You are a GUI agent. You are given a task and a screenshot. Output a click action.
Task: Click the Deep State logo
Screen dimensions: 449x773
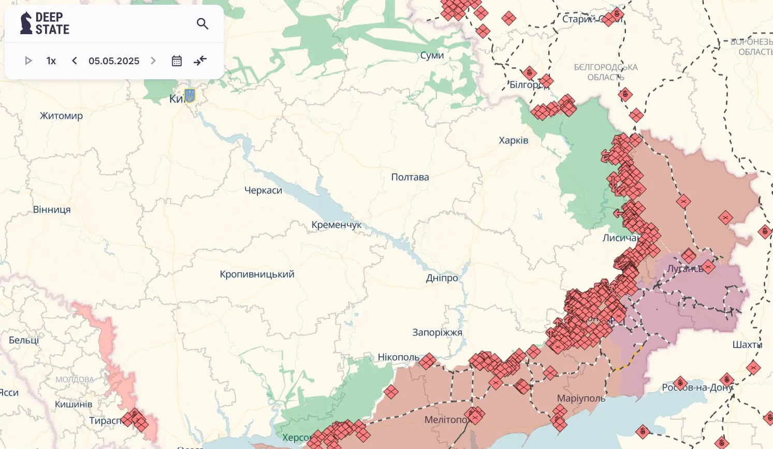click(45, 23)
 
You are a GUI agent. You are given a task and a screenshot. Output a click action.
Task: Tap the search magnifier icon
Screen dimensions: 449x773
click(202, 24)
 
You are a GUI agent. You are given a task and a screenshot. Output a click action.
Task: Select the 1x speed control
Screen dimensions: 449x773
click(51, 61)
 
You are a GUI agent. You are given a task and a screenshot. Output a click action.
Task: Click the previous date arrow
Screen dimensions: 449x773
click(75, 61)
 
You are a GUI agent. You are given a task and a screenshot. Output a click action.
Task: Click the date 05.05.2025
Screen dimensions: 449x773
click(114, 61)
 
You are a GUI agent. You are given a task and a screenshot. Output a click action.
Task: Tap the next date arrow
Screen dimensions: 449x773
click(153, 61)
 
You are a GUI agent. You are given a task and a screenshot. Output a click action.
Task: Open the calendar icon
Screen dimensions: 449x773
click(177, 61)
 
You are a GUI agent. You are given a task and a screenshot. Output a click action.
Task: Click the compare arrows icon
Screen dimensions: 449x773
click(200, 61)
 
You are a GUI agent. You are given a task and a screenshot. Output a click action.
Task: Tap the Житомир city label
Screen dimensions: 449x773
click(61, 115)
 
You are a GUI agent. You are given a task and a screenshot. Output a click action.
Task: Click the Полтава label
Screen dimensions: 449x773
click(410, 177)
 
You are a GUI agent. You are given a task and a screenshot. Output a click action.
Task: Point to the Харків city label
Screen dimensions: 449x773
click(513, 140)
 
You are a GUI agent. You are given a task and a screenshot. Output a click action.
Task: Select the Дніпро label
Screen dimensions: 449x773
click(442, 278)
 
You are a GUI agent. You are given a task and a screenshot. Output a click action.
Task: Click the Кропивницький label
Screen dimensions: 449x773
click(257, 274)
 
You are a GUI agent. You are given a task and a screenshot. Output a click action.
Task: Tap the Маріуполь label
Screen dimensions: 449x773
click(581, 398)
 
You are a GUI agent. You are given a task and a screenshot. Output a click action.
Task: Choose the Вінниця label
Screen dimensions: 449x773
click(52, 210)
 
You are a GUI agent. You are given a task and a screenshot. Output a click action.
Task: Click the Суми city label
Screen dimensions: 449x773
click(432, 55)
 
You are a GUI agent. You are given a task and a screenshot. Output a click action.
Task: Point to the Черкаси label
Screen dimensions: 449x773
click(263, 191)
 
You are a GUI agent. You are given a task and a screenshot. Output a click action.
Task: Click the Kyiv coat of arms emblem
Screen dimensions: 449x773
click(190, 95)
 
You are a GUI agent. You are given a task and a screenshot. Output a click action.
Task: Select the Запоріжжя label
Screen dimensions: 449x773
click(437, 332)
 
